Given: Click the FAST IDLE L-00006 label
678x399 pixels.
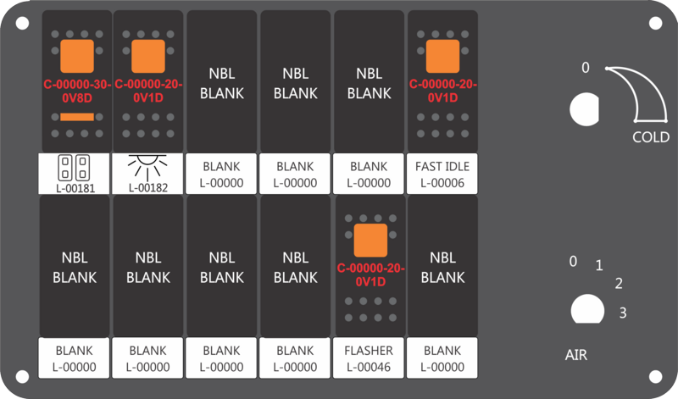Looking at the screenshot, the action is click(442, 174).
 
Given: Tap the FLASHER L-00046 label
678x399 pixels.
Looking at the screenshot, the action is click(369, 358).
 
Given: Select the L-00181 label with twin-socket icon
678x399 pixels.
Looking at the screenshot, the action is click(74, 174).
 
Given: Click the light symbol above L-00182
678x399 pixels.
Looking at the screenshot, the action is click(147, 167).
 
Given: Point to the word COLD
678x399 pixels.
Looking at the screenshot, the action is click(651, 137).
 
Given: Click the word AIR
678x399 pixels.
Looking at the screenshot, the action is click(576, 355).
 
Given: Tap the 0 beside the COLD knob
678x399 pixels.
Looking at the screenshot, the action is click(586, 68).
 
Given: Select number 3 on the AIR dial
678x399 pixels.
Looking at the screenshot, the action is click(623, 313).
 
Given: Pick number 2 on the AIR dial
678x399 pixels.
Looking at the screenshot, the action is click(619, 284).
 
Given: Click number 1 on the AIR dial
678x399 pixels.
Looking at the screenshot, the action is click(599, 265).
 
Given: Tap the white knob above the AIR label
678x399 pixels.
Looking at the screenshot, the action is click(587, 309).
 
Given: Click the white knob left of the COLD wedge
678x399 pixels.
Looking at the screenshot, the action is click(585, 109).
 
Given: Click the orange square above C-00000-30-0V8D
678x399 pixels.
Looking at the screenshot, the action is click(77, 56).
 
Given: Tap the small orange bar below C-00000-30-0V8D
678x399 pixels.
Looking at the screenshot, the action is click(77, 117).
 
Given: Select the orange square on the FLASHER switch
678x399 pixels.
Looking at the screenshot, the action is click(370, 241).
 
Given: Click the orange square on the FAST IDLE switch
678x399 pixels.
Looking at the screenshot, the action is click(442, 56).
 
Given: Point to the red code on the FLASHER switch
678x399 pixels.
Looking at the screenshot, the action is click(370, 275).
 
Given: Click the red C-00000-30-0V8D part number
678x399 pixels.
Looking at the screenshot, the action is click(77, 91).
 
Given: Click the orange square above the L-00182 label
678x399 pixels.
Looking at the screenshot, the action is click(148, 56).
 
